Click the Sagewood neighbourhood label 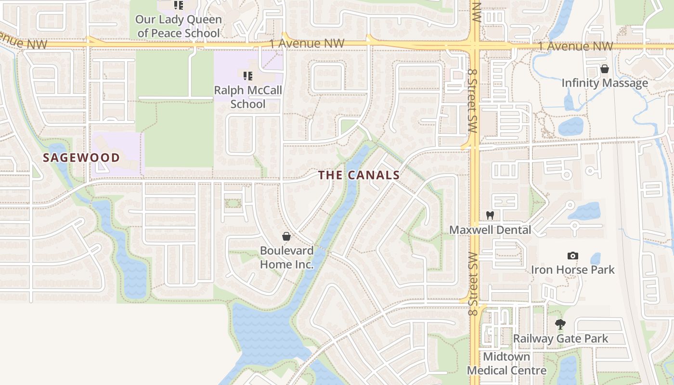[81, 157]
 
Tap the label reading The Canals [359, 175]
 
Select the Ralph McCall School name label [248, 97]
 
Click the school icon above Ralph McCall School [248, 76]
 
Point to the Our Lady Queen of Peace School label [179, 26]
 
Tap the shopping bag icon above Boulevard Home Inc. [286, 236]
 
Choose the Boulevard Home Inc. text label [286, 257]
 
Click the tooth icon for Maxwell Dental [490, 215]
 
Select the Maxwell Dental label [490, 230]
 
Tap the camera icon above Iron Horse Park [572, 256]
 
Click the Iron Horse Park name [572, 269]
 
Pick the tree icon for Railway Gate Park [560, 324]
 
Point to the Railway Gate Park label [560, 339]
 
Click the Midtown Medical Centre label [506, 363]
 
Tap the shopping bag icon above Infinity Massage [605, 69]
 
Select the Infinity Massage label [605, 83]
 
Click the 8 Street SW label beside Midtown [473, 284]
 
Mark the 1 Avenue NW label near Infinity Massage [576, 46]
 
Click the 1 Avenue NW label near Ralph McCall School [307, 43]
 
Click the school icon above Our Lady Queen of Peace [179, 5]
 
